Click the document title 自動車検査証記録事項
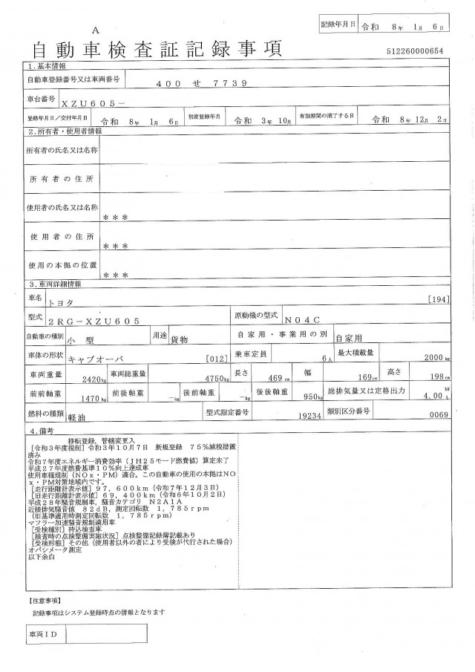point(155,49)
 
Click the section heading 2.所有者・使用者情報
point(65,131)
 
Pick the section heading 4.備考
point(40,430)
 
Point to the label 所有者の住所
point(62,180)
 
